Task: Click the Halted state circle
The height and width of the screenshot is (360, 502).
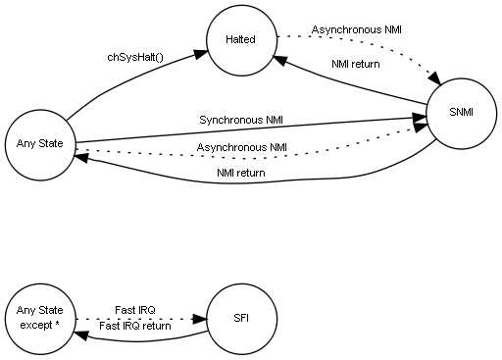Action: click(x=241, y=40)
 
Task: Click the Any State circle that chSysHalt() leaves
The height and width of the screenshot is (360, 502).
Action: click(x=40, y=144)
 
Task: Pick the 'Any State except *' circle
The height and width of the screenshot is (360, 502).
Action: click(x=40, y=318)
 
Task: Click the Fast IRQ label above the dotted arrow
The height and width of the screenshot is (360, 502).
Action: click(x=134, y=310)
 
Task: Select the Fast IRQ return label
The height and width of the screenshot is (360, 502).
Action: click(x=134, y=326)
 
